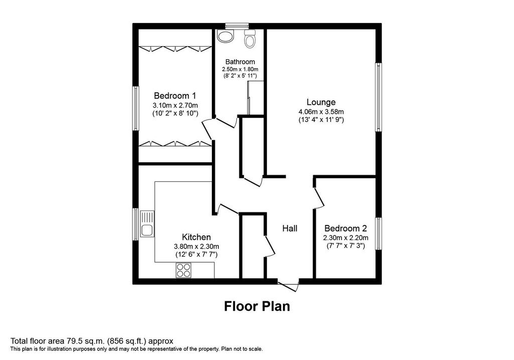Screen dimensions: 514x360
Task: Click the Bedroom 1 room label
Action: click(x=175, y=96)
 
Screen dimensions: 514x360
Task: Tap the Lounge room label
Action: click(x=321, y=102)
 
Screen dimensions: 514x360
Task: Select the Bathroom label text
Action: click(x=240, y=62)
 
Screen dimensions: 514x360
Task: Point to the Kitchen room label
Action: click(x=196, y=237)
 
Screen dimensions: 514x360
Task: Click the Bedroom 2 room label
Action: click(x=345, y=228)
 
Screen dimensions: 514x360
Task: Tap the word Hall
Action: click(x=290, y=228)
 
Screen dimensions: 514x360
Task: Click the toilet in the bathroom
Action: click(x=250, y=38)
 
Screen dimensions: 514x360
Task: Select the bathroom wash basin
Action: click(x=225, y=36)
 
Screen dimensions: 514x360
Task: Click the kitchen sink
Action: click(x=147, y=224)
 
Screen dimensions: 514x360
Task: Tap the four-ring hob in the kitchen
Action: click(x=183, y=271)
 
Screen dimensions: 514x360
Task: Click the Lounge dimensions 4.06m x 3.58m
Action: click(x=321, y=112)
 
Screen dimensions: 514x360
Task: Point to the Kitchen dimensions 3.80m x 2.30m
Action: click(x=196, y=247)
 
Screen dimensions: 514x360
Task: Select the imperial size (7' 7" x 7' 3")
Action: click(x=345, y=246)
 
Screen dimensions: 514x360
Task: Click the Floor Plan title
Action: click(x=257, y=306)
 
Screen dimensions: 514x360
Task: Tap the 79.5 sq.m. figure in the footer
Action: click(x=88, y=341)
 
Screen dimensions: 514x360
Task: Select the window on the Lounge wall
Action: click(x=378, y=97)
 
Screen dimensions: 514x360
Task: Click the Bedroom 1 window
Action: click(x=136, y=108)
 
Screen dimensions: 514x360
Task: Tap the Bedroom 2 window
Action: click(x=378, y=234)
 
